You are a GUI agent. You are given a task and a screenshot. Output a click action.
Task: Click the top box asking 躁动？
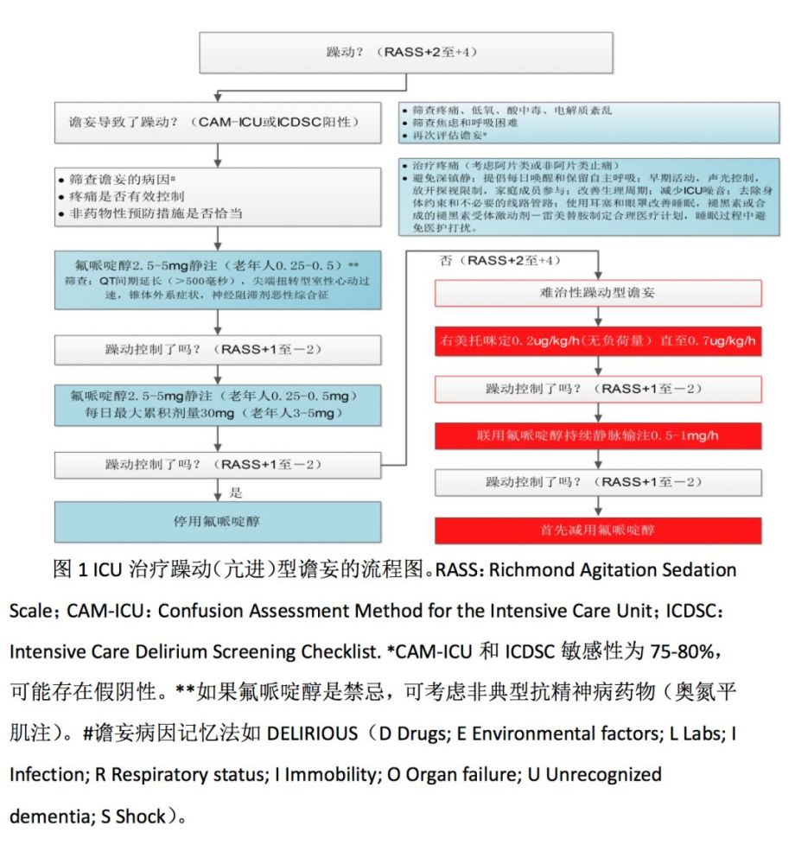pyautogui.click(x=406, y=53)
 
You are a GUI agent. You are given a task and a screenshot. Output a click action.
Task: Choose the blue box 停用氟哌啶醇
pyautogui.click(x=218, y=522)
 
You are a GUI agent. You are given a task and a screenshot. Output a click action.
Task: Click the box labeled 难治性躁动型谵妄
pyautogui.click(x=597, y=293)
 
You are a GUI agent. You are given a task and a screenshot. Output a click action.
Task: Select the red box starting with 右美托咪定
pyautogui.click(x=597, y=341)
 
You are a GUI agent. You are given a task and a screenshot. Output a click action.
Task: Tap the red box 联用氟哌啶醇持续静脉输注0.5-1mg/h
pyautogui.click(x=597, y=435)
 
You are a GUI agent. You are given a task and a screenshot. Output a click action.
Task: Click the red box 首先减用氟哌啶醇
pyautogui.click(x=597, y=530)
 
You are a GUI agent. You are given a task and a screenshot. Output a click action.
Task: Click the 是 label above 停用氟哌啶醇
pyautogui.click(x=236, y=492)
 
